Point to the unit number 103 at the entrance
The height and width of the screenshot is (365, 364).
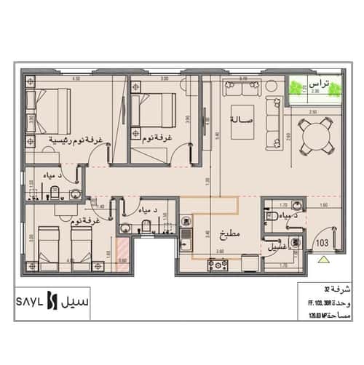323,240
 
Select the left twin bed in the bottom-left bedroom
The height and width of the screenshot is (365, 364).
50,244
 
